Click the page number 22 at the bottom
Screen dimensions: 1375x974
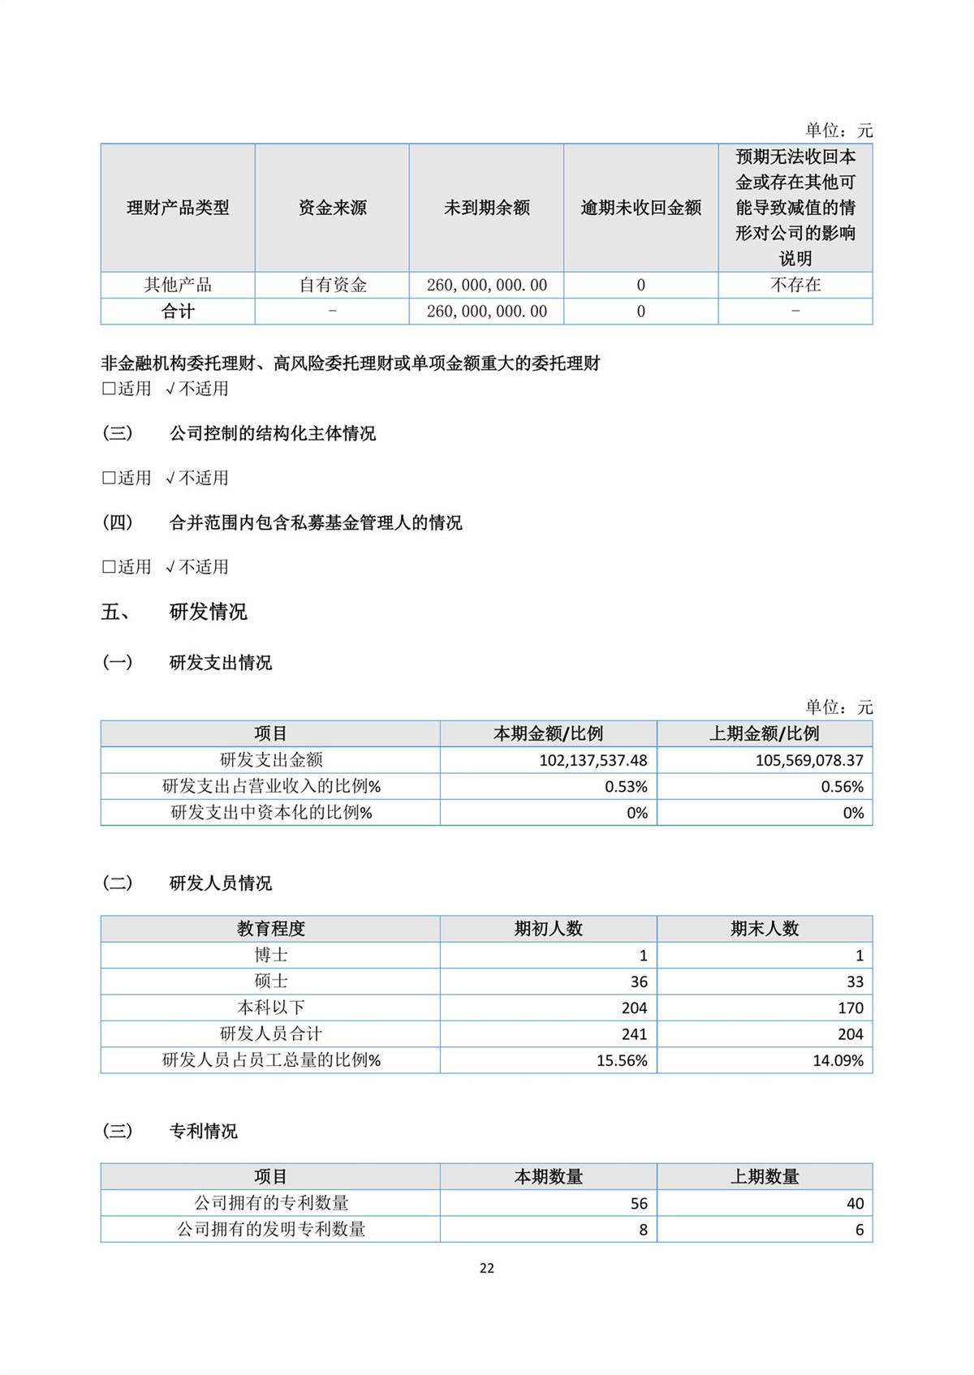coord(487,1268)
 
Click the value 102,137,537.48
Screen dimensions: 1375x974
coord(593,760)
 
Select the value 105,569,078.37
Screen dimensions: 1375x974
coord(809,760)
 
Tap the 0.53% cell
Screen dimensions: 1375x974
coord(626,786)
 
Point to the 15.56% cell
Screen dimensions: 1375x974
coord(622,1060)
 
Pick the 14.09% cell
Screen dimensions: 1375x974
coord(838,1060)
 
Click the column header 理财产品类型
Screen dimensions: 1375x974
coord(178,208)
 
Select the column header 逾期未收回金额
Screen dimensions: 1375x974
coord(640,208)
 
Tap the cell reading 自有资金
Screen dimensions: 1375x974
coord(332,285)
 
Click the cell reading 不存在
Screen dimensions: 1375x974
coord(795,285)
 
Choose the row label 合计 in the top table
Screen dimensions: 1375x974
coord(178,312)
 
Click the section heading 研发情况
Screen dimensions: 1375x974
coord(208,612)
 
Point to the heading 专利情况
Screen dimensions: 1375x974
coord(203,1131)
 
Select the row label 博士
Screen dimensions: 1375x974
coord(270,955)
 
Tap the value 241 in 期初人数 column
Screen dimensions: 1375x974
coord(634,1034)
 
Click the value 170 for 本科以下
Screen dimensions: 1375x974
coord(850,1008)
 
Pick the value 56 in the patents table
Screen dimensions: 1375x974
coord(639,1203)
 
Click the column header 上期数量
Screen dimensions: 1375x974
coord(765,1176)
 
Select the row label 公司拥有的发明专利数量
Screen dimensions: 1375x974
coord(270,1229)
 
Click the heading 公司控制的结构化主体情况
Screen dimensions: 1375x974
coord(273,433)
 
